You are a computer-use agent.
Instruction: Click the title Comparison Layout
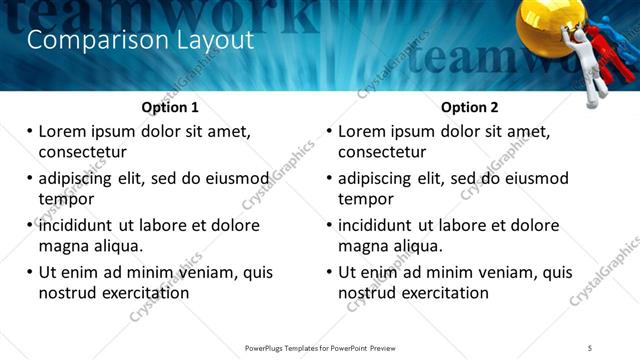point(139,41)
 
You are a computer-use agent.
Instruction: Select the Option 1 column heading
point(170,107)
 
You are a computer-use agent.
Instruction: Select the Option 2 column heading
point(470,107)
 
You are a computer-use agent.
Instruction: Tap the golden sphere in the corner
point(550,24)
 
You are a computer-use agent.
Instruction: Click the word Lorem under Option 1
point(65,131)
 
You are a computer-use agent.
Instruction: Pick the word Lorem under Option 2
point(365,131)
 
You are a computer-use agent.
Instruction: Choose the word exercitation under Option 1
point(142,293)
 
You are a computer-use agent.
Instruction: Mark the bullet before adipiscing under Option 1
point(30,179)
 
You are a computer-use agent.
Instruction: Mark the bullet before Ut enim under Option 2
point(330,272)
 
